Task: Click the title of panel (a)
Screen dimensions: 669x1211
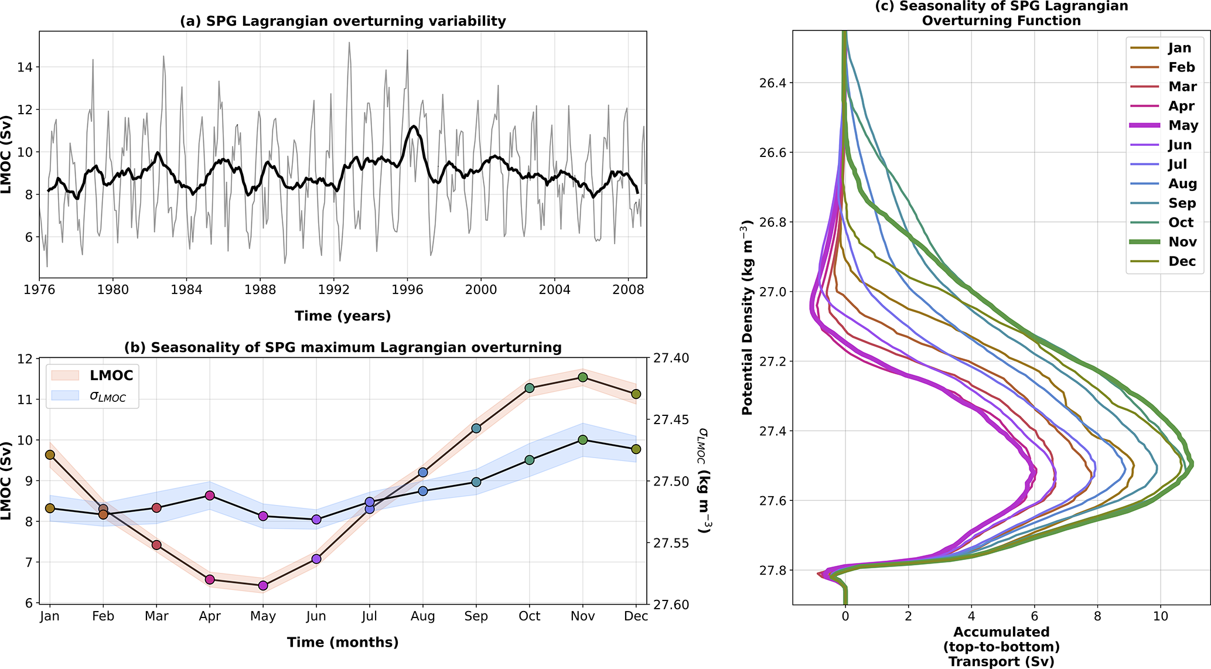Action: tap(343, 22)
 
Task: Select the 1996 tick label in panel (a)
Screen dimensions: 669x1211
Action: tap(407, 289)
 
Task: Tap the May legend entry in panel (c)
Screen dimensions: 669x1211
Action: tap(1183, 125)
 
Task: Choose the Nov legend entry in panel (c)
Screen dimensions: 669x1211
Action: tap(1182, 242)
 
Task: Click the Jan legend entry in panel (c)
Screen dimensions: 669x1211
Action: tap(1179, 48)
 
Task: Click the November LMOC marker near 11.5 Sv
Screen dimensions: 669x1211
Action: tap(582, 377)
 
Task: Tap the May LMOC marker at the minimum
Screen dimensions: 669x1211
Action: tap(263, 585)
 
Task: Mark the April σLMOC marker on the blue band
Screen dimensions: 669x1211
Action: tap(210, 496)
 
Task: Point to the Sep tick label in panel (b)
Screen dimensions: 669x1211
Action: tap(476, 616)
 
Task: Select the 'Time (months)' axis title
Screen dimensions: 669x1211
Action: tap(343, 643)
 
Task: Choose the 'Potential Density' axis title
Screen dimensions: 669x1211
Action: tap(747, 318)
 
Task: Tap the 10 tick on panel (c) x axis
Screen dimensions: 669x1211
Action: tap(1160, 616)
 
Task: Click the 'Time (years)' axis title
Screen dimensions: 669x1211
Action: tap(343, 316)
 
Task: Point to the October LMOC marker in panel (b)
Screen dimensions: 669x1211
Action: tap(530, 388)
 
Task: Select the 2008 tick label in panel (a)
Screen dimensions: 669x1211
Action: tap(628, 289)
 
